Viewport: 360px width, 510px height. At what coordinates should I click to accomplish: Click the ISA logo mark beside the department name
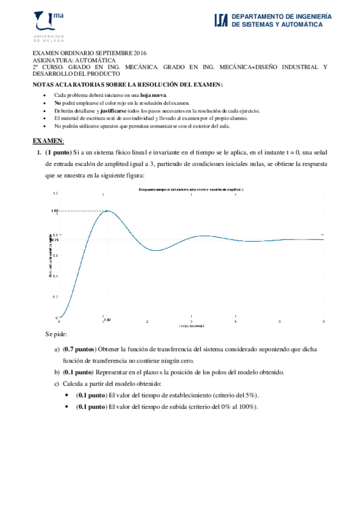coord(221,21)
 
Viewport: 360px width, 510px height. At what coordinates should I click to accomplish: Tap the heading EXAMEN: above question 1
coord(47,141)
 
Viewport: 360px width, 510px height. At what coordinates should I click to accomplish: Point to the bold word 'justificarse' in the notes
coord(100,111)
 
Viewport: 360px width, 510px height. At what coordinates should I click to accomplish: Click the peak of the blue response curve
coord(106,210)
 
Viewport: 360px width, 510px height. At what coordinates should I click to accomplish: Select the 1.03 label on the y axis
coord(53,210)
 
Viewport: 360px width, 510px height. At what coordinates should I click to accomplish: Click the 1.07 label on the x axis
coord(107,320)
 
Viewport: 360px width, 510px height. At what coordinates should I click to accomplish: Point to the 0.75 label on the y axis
coord(54,240)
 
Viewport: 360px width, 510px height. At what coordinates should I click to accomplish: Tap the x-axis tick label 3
coord(191,322)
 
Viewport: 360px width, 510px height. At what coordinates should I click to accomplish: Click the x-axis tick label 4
coord(236,322)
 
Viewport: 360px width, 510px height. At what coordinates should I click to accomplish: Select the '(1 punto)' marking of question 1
coord(58,153)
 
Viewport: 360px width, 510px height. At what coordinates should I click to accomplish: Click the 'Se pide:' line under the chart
coord(56,334)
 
